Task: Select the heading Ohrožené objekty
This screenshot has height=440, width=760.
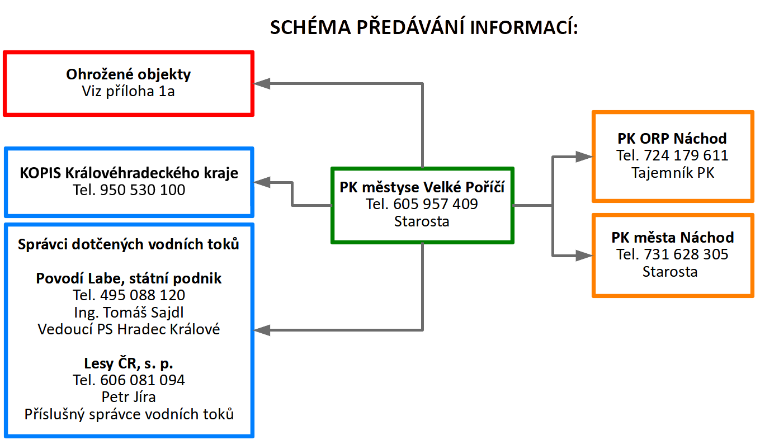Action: (x=128, y=74)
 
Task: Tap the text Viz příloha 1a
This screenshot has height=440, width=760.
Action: (x=128, y=92)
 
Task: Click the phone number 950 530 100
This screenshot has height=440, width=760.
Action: (x=143, y=190)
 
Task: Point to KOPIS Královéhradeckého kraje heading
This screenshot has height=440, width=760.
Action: (x=129, y=173)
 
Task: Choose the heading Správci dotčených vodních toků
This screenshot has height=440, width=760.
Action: (x=129, y=244)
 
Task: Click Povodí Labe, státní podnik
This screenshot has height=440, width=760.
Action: (x=129, y=278)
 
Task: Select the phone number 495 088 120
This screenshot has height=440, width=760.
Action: (x=143, y=295)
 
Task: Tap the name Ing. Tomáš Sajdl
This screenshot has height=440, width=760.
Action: (x=129, y=313)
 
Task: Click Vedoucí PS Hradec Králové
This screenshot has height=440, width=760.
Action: (x=129, y=329)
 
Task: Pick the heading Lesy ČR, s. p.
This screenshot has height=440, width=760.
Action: (x=129, y=363)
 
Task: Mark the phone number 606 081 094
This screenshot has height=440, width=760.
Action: (x=143, y=380)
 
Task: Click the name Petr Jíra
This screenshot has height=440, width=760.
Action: (x=129, y=397)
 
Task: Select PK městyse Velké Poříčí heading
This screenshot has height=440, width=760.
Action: (x=422, y=187)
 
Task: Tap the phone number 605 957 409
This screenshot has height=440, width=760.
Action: (x=436, y=204)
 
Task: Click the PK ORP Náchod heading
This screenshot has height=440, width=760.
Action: (x=672, y=139)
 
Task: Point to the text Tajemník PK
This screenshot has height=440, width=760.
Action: (x=673, y=173)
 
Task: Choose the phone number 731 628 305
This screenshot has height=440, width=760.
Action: (x=686, y=254)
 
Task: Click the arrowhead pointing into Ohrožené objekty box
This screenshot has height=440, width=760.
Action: (x=262, y=83)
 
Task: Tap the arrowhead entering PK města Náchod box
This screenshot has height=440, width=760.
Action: (x=584, y=256)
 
